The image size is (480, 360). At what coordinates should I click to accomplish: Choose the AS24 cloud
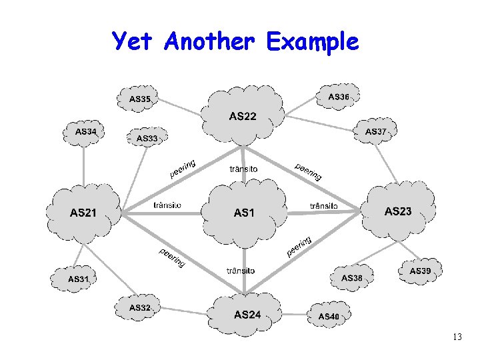coord(247,313)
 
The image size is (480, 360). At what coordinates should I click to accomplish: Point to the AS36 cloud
coord(338,97)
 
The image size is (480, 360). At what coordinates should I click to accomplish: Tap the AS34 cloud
coord(85,131)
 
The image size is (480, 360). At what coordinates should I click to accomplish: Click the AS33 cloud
coord(147,138)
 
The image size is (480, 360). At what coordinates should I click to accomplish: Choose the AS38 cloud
coord(351,277)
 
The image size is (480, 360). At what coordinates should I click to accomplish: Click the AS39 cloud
coord(419,270)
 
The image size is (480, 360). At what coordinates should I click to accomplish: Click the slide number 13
coord(456,337)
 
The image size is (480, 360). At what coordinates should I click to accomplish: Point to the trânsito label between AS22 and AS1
coord(243,169)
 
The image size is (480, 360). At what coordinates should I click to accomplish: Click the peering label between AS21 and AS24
coord(171,257)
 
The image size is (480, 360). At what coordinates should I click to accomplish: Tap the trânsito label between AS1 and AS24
coord(241,270)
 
